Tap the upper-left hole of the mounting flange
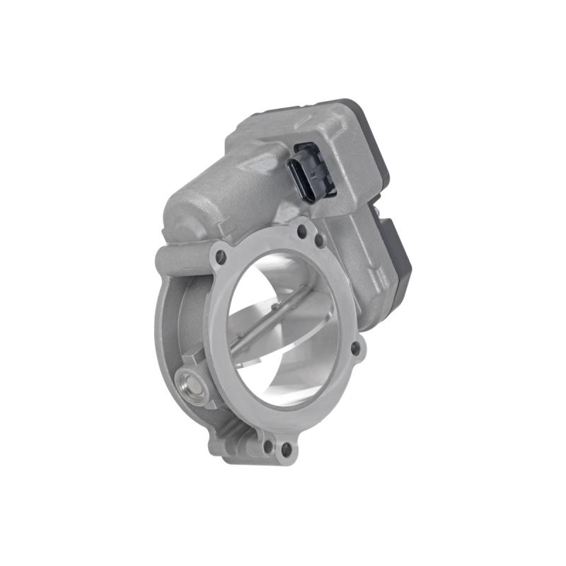[x=220, y=256]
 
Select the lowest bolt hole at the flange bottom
[x=285, y=449]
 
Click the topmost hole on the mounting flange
[x=302, y=230]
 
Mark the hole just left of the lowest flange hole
[x=267, y=446]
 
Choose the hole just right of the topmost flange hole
[x=319, y=241]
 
